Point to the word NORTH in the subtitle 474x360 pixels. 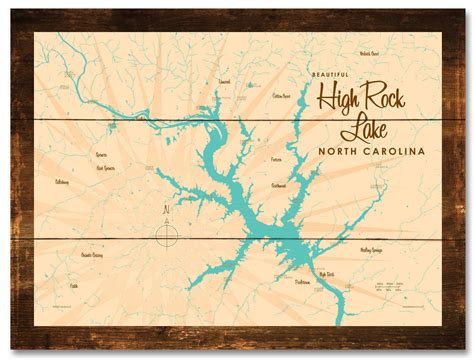(x=338, y=151)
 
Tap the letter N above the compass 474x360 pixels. (x=165, y=210)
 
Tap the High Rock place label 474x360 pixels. (x=326, y=272)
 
